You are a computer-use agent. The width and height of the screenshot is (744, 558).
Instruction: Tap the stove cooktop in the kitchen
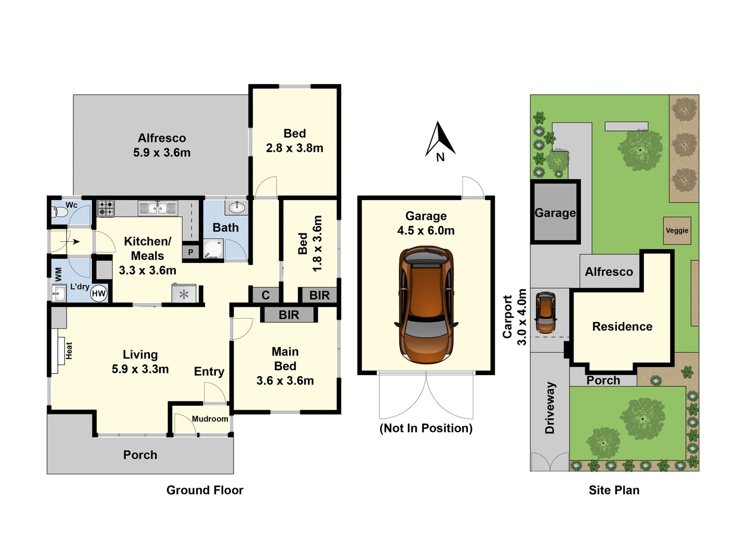point(106,208)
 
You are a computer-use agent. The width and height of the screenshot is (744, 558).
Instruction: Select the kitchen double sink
point(158,208)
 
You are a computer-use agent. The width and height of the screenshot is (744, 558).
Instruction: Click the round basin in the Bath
point(237,207)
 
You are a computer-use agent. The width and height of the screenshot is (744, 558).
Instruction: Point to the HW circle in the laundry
point(99,293)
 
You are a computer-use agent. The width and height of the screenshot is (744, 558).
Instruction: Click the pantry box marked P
point(191,252)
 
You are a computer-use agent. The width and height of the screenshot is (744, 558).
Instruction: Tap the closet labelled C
point(266,295)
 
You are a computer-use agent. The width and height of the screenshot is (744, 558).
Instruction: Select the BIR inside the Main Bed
point(289,315)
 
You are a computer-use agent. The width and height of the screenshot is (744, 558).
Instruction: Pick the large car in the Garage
point(426,305)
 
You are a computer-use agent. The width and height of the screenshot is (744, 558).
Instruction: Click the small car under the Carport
point(546,313)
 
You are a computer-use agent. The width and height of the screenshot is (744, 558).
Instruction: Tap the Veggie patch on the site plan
point(677,231)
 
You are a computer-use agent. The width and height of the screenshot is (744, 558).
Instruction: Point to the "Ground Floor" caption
point(205,490)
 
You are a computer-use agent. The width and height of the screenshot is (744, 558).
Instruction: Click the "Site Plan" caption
point(614,490)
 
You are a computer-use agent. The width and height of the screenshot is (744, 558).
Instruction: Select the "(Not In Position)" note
point(426,428)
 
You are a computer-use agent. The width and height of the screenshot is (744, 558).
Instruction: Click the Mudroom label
point(210,419)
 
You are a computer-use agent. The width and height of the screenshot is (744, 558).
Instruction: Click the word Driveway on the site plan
point(549,408)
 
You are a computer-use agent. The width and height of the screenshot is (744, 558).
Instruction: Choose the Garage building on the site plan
point(555,212)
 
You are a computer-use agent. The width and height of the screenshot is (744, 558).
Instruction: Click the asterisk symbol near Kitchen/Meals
point(184,295)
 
